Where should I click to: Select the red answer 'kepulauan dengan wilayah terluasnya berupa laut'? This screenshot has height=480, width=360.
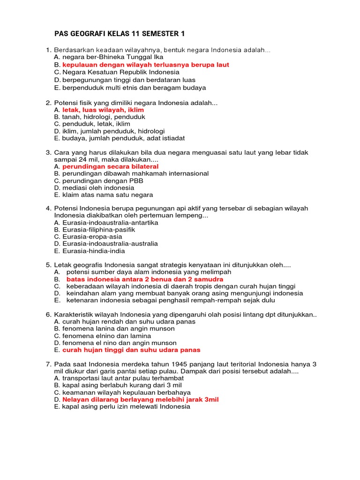[145, 65]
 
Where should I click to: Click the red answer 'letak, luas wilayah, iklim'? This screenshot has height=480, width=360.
[103, 110]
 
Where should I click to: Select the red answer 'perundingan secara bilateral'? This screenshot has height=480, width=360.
[110, 166]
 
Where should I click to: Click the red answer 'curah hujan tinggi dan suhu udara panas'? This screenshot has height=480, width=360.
[131, 350]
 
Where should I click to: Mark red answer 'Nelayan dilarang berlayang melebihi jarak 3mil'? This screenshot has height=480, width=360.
[140, 399]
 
